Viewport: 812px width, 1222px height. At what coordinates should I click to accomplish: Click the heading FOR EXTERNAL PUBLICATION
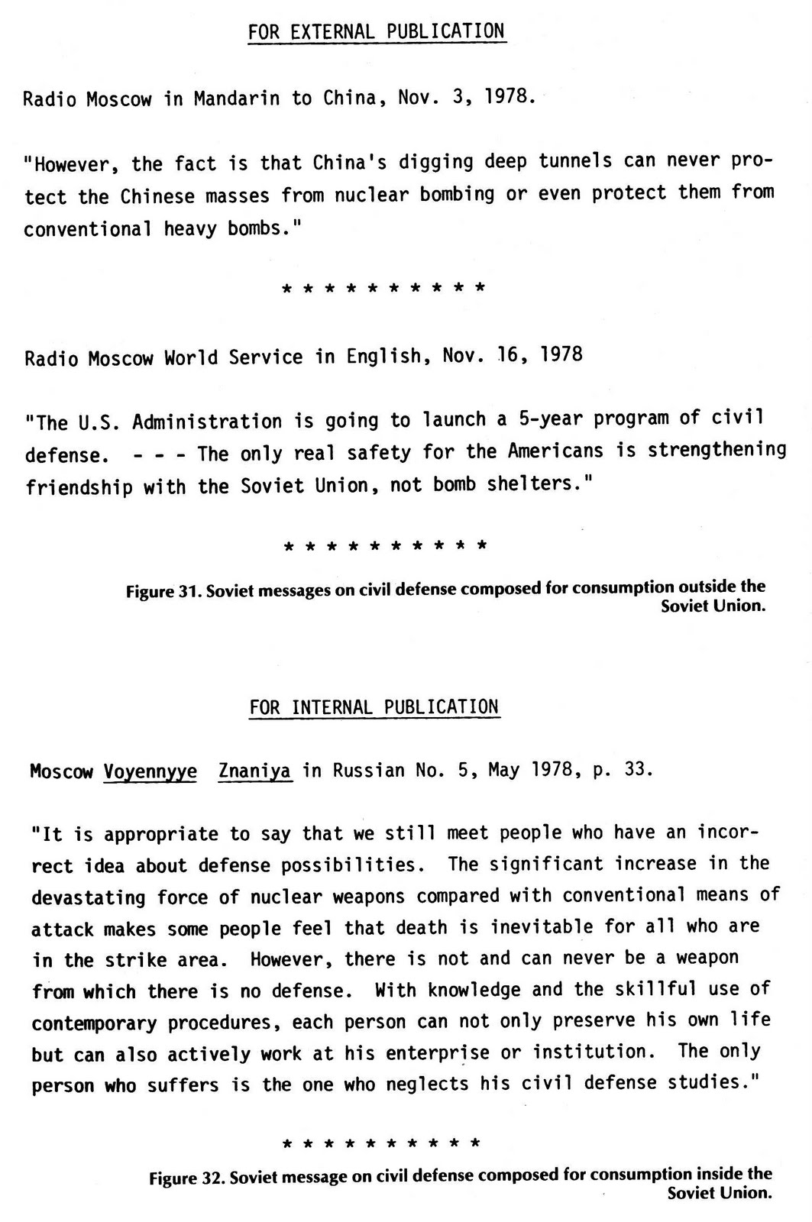point(377,31)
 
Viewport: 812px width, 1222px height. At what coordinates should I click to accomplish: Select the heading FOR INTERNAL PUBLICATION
point(374,707)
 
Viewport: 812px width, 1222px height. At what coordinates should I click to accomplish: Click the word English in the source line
point(383,357)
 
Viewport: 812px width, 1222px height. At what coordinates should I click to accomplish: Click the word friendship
point(79,487)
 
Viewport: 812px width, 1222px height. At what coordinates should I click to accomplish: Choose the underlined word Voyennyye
point(150,771)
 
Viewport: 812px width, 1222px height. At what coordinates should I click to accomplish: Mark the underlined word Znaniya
point(254,771)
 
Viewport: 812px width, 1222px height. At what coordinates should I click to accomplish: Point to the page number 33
point(636,769)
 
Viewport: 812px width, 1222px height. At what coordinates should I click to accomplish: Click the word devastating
point(89,897)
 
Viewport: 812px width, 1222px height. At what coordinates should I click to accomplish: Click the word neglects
point(426,1084)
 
